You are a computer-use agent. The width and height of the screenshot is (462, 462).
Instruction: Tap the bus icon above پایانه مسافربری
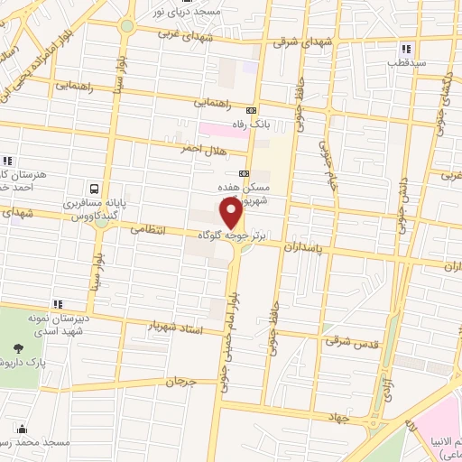coord(94,189)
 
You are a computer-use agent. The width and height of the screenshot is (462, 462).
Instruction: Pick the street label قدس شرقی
coord(343,341)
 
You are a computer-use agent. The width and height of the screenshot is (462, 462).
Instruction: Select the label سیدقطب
coord(406,63)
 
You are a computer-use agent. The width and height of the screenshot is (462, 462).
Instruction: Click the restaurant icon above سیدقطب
coord(407,49)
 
